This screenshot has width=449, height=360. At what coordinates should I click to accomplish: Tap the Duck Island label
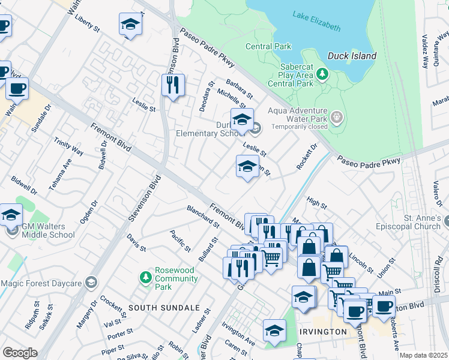352,56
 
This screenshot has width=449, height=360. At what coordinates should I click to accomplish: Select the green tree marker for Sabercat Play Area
323,74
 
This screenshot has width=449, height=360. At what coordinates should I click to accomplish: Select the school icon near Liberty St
130,24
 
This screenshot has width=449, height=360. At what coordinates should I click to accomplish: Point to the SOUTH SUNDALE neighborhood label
164,307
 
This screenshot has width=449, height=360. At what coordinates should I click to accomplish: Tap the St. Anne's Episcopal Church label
405,222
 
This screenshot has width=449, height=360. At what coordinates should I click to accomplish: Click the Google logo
20,353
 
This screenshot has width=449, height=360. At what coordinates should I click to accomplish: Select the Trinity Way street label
68,146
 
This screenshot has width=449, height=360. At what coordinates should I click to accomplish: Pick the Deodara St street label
206,97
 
